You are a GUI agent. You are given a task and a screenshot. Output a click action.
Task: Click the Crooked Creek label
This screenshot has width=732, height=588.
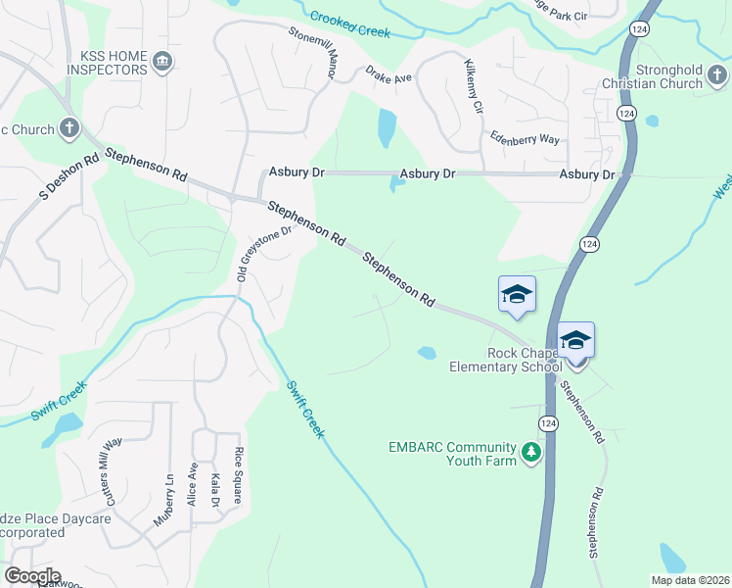[350, 24]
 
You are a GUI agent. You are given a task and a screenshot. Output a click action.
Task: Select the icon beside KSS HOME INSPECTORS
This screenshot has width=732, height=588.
[163, 63]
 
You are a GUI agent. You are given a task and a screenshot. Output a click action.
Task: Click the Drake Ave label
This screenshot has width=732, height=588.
[390, 76]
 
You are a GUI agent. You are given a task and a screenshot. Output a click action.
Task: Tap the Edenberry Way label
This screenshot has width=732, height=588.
[526, 139]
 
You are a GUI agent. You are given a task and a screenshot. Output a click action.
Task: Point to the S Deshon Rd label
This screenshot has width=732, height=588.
[69, 176]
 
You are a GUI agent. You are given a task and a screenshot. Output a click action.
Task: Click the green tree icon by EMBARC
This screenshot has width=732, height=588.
[531, 453]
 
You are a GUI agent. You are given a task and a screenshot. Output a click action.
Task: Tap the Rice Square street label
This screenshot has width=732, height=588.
[237, 475]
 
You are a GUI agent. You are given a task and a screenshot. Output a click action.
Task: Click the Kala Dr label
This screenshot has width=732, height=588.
[214, 489]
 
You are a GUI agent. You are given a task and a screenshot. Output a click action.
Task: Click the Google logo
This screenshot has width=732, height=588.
[31, 575]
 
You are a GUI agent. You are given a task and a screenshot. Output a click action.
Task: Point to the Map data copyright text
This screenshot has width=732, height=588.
[691, 580]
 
